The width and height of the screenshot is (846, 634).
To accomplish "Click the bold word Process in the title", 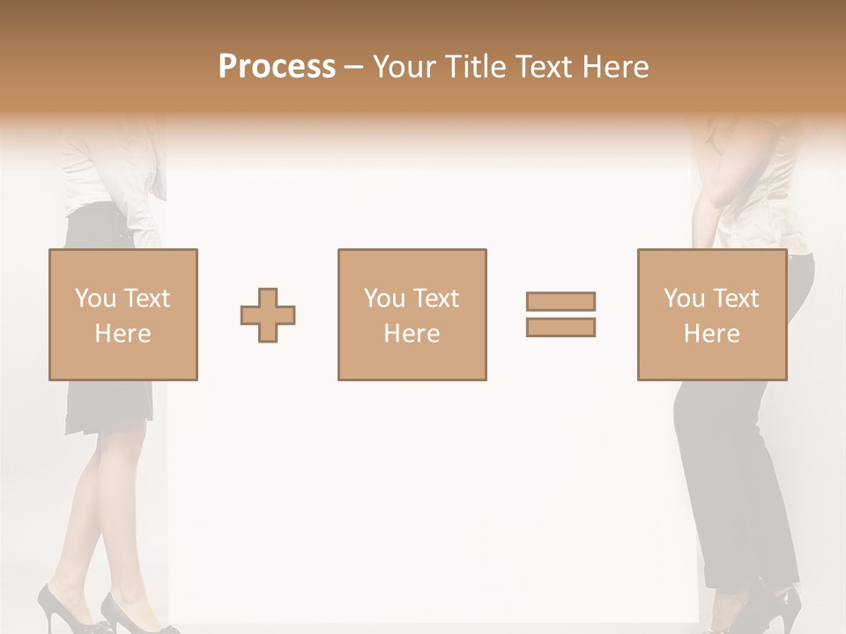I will click(277, 67).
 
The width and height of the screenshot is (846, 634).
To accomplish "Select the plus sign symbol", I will click(268, 315).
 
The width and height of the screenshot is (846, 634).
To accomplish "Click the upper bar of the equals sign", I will click(560, 301).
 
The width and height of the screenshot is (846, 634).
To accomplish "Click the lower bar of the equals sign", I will click(560, 328).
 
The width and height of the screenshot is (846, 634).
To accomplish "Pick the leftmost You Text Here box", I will click(122, 314).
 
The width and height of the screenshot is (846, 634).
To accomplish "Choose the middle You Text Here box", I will click(412, 314).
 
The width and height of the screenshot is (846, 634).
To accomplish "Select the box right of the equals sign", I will click(711, 314).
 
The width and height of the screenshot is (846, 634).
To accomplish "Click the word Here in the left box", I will click(122, 334).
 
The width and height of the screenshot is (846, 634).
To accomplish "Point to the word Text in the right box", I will click(736, 299).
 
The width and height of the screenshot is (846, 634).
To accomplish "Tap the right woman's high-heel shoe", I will click(775, 608).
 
